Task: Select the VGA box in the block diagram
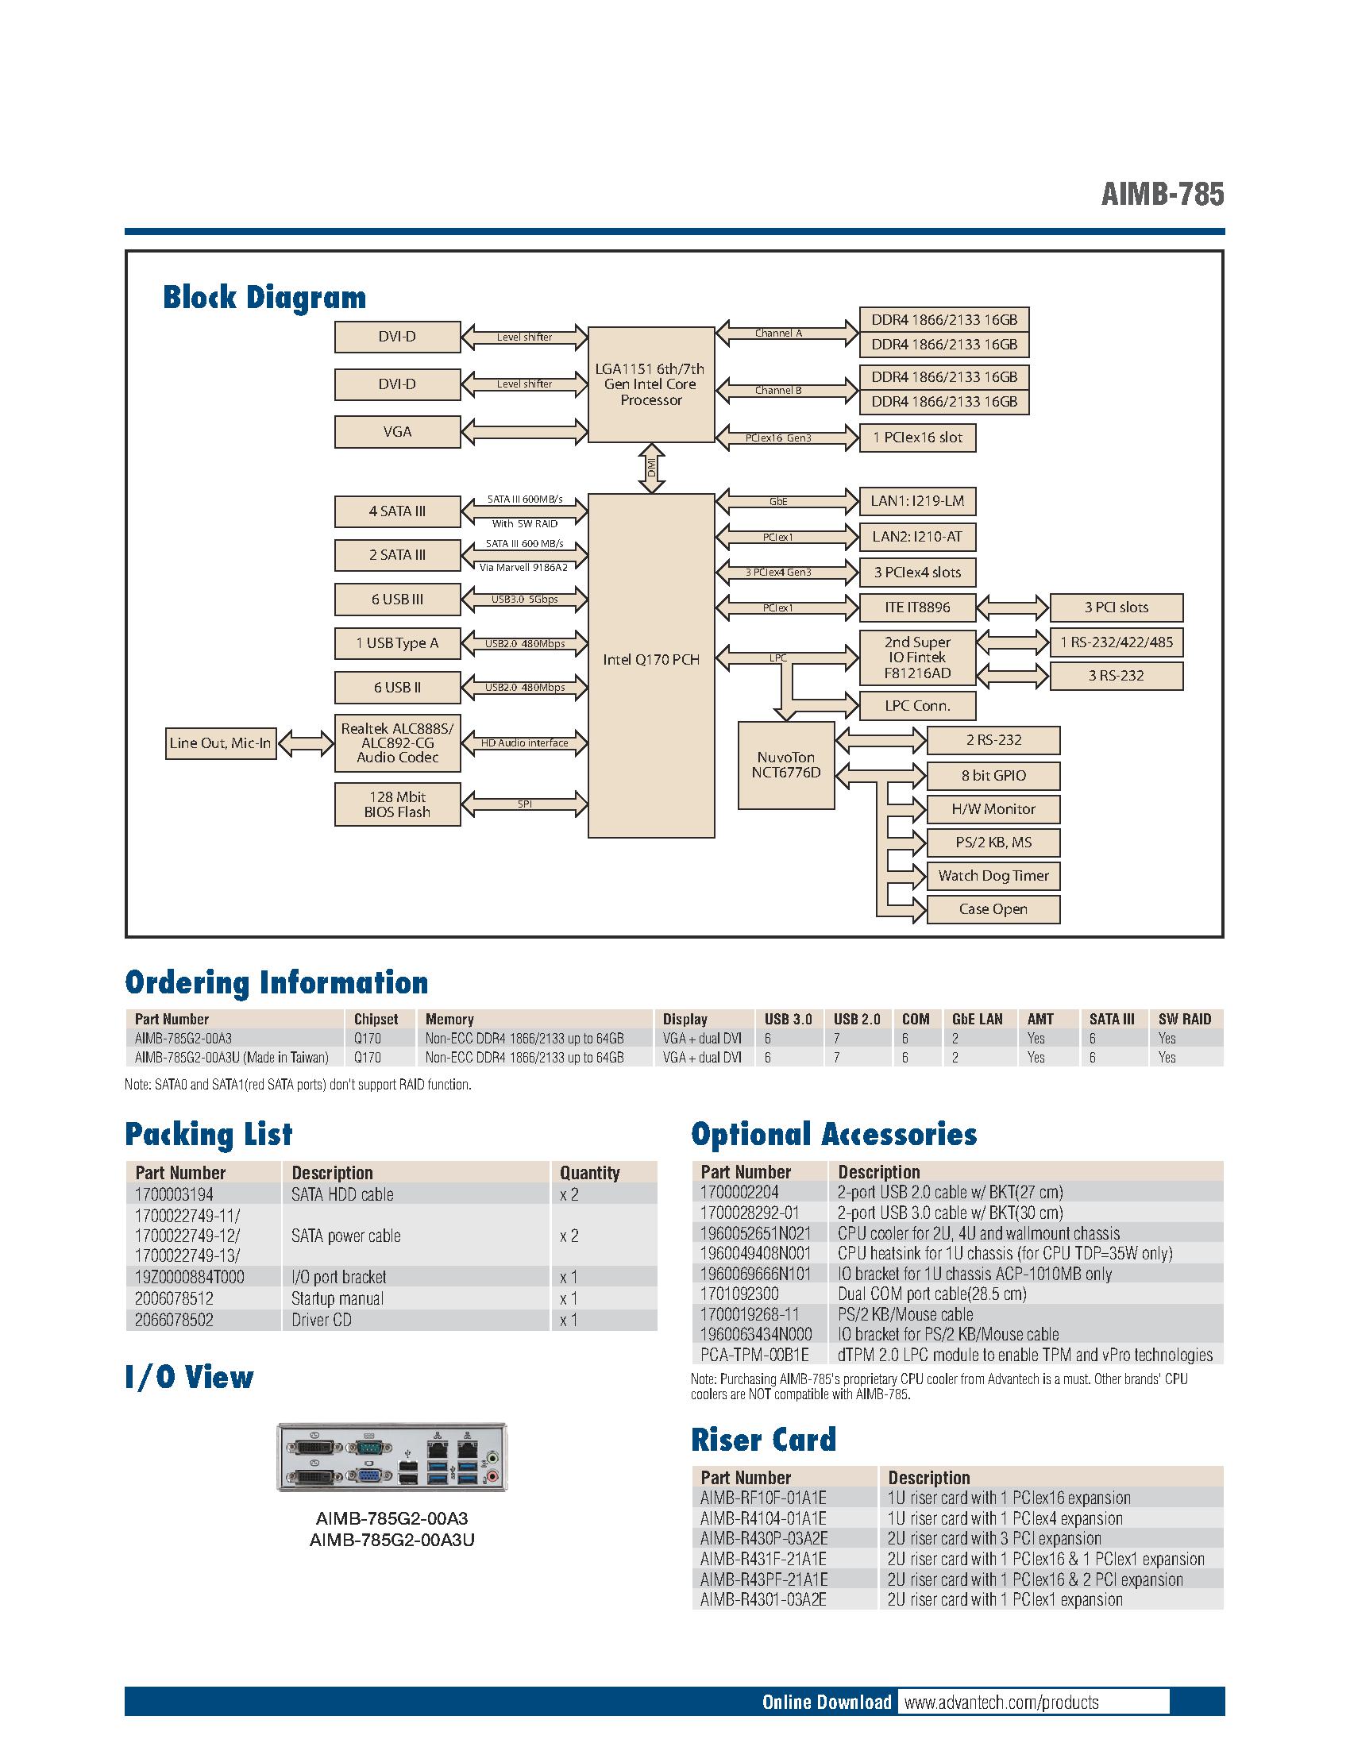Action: pos(398,432)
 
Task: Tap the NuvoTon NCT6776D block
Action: pos(785,766)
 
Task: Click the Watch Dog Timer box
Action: pos(993,876)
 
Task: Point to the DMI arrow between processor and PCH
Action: pos(652,467)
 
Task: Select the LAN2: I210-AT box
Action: pos(917,537)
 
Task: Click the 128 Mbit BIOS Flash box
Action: pos(398,804)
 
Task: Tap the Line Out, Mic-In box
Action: pos(220,743)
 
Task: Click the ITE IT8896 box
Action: pos(917,607)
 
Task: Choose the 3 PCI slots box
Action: pos(1116,607)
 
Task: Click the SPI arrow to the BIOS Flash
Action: pos(525,804)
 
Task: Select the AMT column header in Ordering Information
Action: pos(1039,1019)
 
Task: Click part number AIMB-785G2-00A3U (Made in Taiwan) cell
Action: pos(232,1058)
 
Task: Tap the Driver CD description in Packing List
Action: pos(322,1320)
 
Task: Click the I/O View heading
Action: pos(190,1378)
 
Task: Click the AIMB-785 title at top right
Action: pos(1162,195)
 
